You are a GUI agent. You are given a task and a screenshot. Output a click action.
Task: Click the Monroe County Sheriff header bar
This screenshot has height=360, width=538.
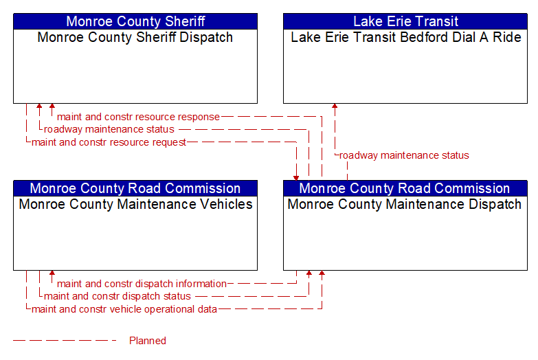pyautogui.click(x=135, y=21)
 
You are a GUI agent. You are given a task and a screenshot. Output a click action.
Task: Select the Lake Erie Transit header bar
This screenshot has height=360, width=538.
pyautogui.click(x=405, y=21)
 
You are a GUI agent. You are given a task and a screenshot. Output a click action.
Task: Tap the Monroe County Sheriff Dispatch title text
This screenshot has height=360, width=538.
pyautogui.click(x=135, y=37)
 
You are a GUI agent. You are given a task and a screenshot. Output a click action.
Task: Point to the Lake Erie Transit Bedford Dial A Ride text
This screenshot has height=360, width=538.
pyautogui.click(x=406, y=37)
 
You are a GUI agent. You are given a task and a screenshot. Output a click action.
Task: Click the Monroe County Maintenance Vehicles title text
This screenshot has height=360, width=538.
pyautogui.click(x=135, y=204)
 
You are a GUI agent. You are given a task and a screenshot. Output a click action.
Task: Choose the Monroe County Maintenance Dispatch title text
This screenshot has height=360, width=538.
pyautogui.click(x=405, y=204)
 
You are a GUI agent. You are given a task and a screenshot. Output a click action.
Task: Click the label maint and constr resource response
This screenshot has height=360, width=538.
pyautogui.click(x=138, y=117)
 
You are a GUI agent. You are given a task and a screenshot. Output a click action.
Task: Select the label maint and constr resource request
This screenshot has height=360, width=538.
pyautogui.click(x=109, y=142)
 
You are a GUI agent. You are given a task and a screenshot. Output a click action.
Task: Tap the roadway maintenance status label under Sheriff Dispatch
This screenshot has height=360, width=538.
pyautogui.click(x=109, y=129)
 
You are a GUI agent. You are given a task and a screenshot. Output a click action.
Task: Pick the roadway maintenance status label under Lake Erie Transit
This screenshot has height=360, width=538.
pyautogui.click(x=404, y=155)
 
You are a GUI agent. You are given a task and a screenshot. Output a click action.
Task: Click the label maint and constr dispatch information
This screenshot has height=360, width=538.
pyautogui.click(x=142, y=284)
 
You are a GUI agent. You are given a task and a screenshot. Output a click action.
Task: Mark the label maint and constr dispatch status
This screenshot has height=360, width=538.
pyautogui.click(x=117, y=296)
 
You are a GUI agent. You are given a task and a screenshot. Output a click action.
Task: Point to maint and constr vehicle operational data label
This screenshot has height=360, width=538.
pyautogui.click(x=124, y=309)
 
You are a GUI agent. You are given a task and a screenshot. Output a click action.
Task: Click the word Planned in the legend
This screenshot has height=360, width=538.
pyautogui.click(x=148, y=341)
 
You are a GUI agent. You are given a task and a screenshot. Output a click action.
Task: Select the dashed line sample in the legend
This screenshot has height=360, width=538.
pyautogui.click(x=65, y=341)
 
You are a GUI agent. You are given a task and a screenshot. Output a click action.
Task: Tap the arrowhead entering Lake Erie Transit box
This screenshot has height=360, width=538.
pyautogui.click(x=335, y=106)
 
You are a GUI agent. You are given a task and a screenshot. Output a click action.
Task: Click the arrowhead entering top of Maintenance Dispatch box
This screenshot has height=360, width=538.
pyautogui.click(x=296, y=178)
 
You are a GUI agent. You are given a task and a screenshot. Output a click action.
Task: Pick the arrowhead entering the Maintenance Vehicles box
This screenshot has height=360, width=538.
pyautogui.click(x=52, y=273)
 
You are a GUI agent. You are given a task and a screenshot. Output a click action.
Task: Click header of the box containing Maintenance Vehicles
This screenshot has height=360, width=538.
pyautogui.click(x=135, y=188)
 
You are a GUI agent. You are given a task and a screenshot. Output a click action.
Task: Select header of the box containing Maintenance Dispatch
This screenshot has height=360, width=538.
pyautogui.click(x=405, y=188)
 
